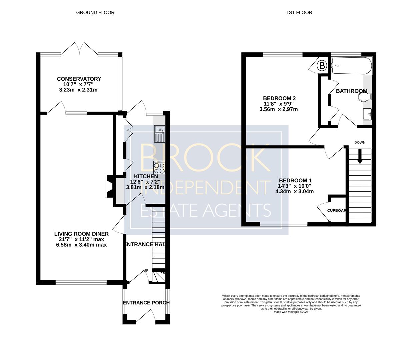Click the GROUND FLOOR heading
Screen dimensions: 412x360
(x=95, y=12)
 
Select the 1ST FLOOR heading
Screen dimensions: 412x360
(x=299, y=12)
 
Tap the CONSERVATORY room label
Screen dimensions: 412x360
(x=79, y=79)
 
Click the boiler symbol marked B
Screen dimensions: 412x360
(x=322, y=66)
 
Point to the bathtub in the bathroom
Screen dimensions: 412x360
(x=352, y=66)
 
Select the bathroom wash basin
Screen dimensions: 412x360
(x=367, y=114)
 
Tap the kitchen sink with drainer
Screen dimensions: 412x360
(x=159, y=134)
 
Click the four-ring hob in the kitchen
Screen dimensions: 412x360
(x=159, y=168)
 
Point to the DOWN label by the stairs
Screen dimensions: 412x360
(x=360, y=143)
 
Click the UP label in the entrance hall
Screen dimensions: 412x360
(x=146, y=270)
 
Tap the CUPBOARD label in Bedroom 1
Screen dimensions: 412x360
(x=336, y=211)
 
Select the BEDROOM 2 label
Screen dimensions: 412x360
(x=279, y=98)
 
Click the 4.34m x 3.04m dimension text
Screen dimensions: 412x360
(x=294, y=191)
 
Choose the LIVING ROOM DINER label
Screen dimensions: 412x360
(x=81, y=234)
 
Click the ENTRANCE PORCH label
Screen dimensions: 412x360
(x=146, y=303)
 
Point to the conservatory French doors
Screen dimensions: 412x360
(x=80, y=49)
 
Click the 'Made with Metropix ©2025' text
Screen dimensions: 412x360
(x=291, y=312)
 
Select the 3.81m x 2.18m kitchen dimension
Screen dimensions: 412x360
(x=145, y=187)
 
